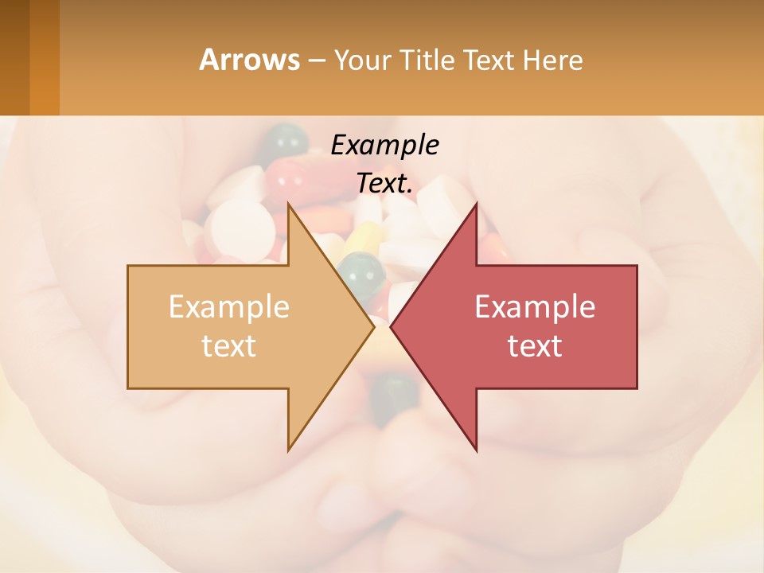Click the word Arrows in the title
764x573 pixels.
pyautogui.click(x=249, y=60)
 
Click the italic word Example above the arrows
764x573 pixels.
pyautogui.click(x=384, y=146)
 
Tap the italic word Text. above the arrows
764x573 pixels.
pyautogui.click(x=384, y=184)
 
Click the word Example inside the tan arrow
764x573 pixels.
pyautogui.click(x=229, y=307)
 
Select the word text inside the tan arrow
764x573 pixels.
pyautogui.click(x=229, y=345)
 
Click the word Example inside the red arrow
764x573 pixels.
pyautogui.click(x=535, y=307)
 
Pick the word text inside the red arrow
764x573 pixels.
pyautogui.click(x=535, y=345)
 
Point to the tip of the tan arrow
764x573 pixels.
pyautogui.click(x=373, y=325)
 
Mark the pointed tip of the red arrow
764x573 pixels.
pyautogui.click(x=392, y=325)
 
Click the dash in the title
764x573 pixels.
pyautogui.click(x=316, y=60)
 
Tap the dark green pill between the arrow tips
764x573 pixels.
pyautogui.click(x=362, y=271)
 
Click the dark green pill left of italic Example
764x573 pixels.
pyautogui.click(x=285, y=142)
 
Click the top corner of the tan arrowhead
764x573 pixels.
pyautogui.click(x=289, y=204)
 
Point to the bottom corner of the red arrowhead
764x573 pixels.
pyautogui.click(x=477, y=450)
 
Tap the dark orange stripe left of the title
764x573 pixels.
pyautogui.click(x=44, y=57)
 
